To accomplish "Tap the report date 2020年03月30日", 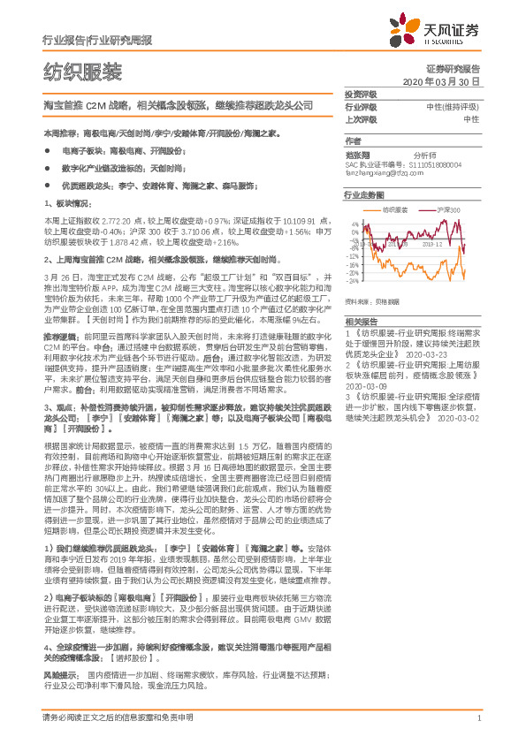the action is pos(440,81).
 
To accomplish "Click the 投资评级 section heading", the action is pos(361,94).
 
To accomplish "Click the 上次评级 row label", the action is pos(361,118).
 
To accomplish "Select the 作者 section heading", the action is pos(353,141).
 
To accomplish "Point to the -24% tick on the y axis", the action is pos(353,281).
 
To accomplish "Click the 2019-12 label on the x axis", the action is pos(431,245).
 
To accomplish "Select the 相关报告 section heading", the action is pos(361,322).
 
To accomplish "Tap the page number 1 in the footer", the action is pos(477,718).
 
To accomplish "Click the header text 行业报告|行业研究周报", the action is pos(97,42).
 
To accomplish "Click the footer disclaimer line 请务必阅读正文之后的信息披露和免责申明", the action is pos(118,718).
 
